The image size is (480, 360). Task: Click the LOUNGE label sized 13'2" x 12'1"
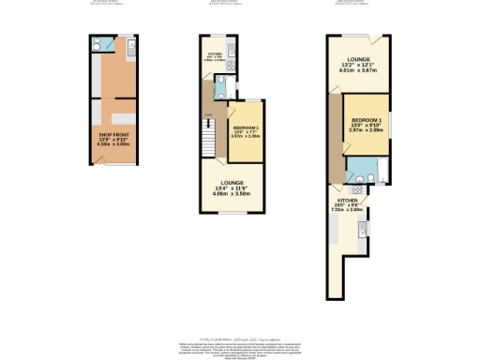(356, 63)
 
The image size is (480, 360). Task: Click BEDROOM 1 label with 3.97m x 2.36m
(245, 127)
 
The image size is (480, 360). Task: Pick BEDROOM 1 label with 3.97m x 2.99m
(369, 121)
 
